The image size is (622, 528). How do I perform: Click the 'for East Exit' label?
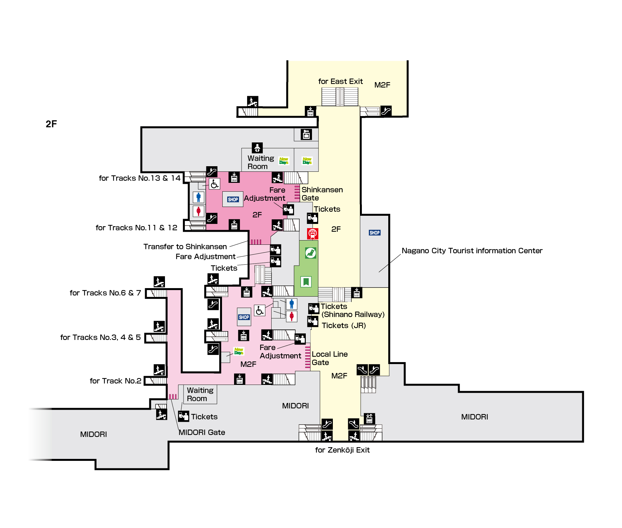click(340, 81)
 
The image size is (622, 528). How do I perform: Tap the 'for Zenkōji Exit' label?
click(342, 450)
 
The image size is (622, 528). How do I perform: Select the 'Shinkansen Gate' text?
click(322, 194)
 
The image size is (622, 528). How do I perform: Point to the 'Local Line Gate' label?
click(329, 358)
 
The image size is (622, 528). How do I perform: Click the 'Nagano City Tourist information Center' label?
click(472, 251)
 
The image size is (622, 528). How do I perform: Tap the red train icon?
click(312, 233)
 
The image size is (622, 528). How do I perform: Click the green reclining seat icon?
click(310, 253)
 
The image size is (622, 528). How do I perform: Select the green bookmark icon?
click(306, 282)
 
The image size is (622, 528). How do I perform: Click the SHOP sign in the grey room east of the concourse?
click(375, 233)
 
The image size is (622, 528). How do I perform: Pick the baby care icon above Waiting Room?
click(257, 148)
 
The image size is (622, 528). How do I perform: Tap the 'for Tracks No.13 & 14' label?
click(140, 178)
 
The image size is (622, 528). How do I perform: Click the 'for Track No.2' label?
click(115, 381)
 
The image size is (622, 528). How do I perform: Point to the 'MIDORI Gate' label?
click(202, 433)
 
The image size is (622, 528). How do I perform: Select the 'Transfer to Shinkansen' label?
click(185, 247)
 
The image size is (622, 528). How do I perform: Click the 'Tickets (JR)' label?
click(344, 326)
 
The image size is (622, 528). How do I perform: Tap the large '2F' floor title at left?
click(51, 124)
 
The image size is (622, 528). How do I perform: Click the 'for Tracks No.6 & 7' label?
click(105, 293)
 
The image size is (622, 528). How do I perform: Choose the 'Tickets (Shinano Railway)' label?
click(352, 310)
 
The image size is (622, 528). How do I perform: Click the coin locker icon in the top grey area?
click(306, 134)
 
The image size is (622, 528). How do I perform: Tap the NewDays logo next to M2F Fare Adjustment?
click(239, 351)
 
